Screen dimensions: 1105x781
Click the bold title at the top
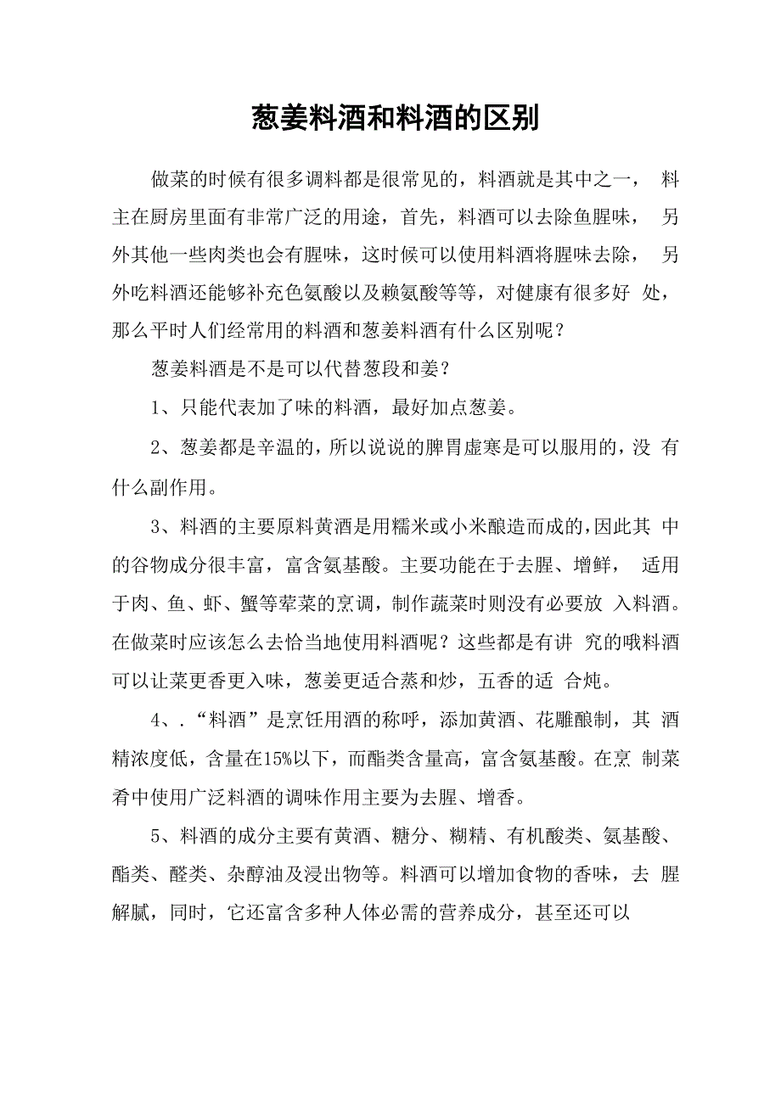click(x=395, y=119)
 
